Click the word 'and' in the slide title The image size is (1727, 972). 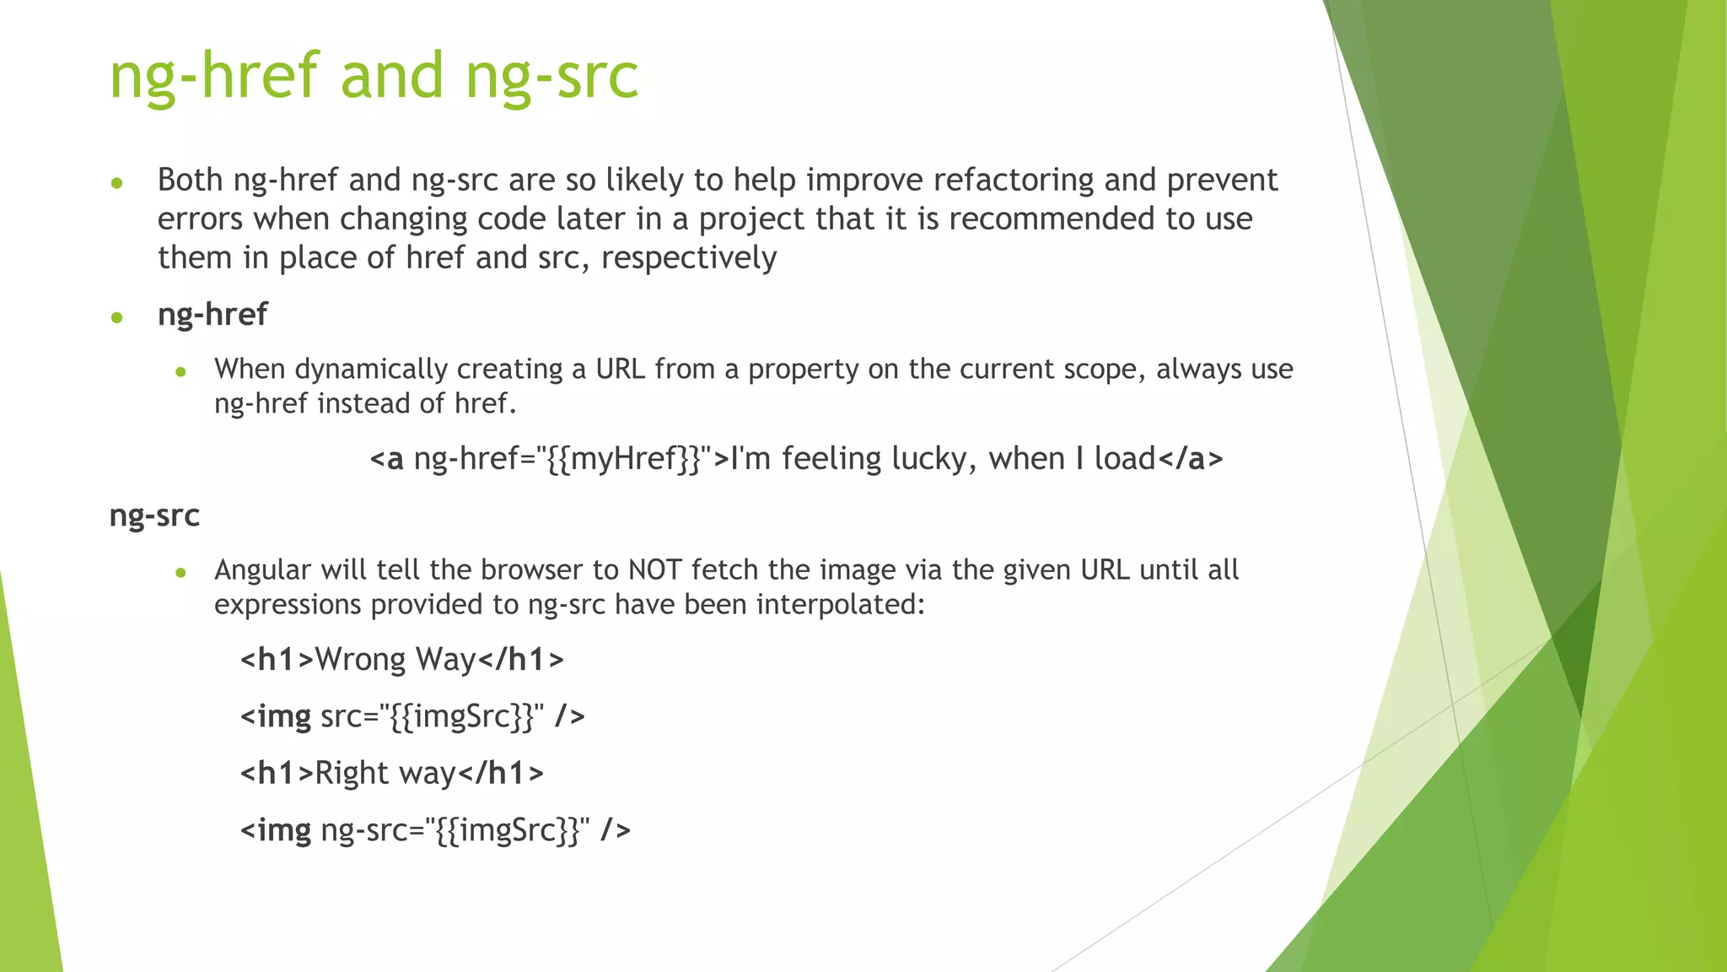coord(391,76)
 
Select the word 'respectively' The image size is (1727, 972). coord(688,257)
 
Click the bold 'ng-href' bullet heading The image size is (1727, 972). coord(213,315)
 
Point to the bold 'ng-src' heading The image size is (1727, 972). coord(154,516)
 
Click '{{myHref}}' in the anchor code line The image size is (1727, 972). coord(623,459)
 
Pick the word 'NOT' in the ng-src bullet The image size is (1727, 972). coord(654,570)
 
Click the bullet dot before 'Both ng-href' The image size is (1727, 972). coord(117,183)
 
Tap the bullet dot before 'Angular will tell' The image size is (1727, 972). coord(180,573)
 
